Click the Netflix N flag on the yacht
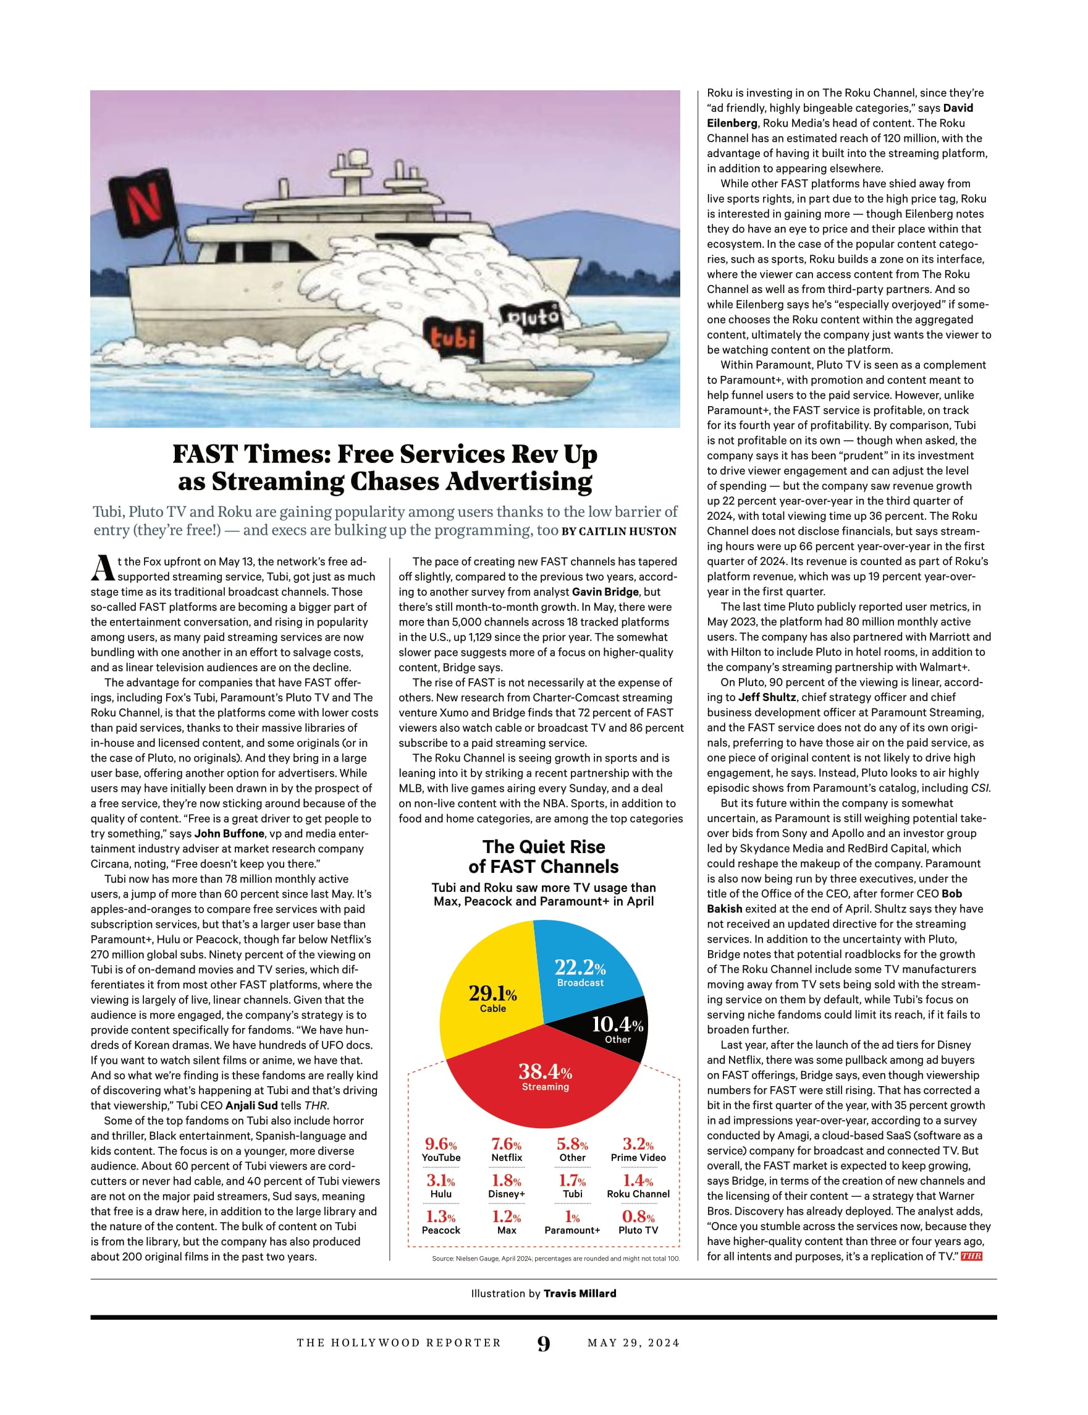click(143, 202)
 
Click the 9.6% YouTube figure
click(441, 1144)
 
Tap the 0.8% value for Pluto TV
click(638, 1217)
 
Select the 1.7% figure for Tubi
click(572, 1181)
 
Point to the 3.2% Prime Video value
click(638, 1144)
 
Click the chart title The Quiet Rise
click(543, 847)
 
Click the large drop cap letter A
click(103, 569)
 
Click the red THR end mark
click(971, 1256)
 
